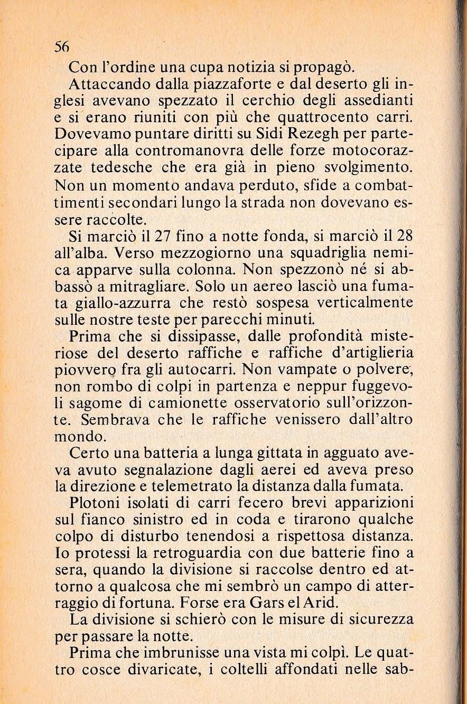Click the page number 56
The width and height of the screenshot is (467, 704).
(x=62, y=46)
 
